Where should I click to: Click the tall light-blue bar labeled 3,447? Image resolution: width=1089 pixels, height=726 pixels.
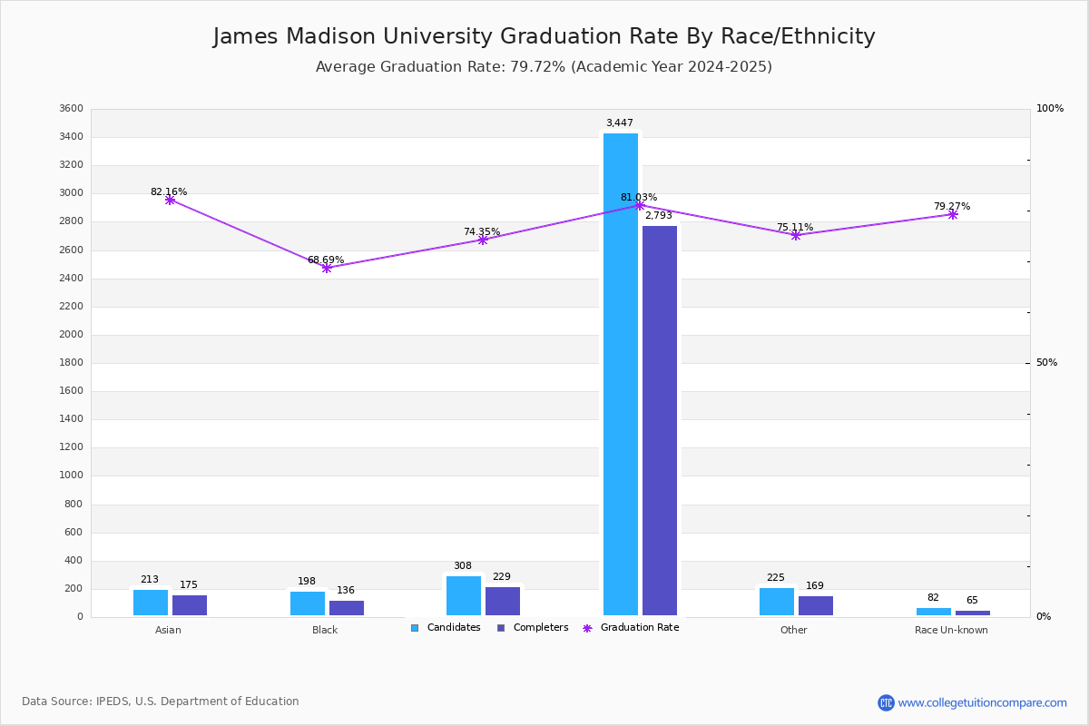[x=621, y=375]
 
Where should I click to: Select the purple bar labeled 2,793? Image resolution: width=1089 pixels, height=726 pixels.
[x=659, y=420]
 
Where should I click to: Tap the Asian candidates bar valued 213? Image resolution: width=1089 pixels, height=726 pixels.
[x=151, y=603]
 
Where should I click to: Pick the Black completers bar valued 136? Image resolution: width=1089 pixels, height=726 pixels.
[x=347, y=608]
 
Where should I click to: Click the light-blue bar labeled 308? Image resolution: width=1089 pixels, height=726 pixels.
[x=464, y=596]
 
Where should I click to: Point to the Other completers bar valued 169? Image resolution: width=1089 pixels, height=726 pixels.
[x=816, y=606]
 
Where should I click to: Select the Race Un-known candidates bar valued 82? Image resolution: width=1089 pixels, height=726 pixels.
[x=934, y=612]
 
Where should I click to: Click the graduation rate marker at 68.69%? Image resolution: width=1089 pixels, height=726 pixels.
[x=327, y=268]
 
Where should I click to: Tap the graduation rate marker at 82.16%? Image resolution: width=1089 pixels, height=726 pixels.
[x=170, y=200]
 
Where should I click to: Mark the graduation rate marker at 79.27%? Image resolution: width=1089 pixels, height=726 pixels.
[x=952, y=214]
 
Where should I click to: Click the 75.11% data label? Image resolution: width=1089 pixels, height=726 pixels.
[x=795, y=227]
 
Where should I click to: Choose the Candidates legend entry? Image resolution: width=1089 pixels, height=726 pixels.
[x=446, y=628]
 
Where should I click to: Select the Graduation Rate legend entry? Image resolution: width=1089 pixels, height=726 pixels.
[x=631, y=628]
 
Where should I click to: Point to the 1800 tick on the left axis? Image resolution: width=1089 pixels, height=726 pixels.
[x=72, y=363]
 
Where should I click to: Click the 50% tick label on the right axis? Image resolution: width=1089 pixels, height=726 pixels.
[x=1046, y=363]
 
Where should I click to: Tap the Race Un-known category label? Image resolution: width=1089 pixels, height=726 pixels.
[x=951, y=630]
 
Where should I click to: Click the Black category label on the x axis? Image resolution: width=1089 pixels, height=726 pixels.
[x=325, y=630]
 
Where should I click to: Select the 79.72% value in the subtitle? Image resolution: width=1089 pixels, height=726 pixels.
[x=537, y=66]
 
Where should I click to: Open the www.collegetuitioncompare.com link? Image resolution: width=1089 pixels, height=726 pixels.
[x=982, y=702]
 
